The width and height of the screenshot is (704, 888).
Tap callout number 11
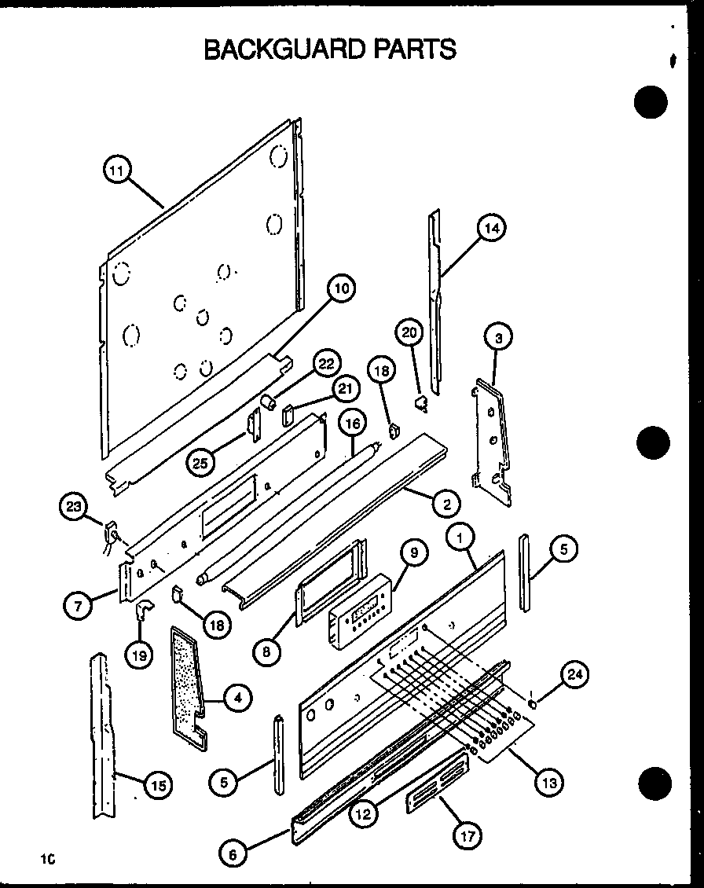(x=118, y=171)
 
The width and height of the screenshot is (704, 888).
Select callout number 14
(x=491, y=228)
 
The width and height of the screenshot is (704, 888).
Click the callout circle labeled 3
(x=498, y=339)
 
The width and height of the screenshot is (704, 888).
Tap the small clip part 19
(x=141, y=610)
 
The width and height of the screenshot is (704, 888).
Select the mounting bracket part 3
(x=490, y=440)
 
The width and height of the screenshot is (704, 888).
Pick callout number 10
(x=341, y=290)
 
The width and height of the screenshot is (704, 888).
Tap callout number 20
(x=409, y=333)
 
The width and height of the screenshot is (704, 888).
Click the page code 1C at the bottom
(x=48, y=860)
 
